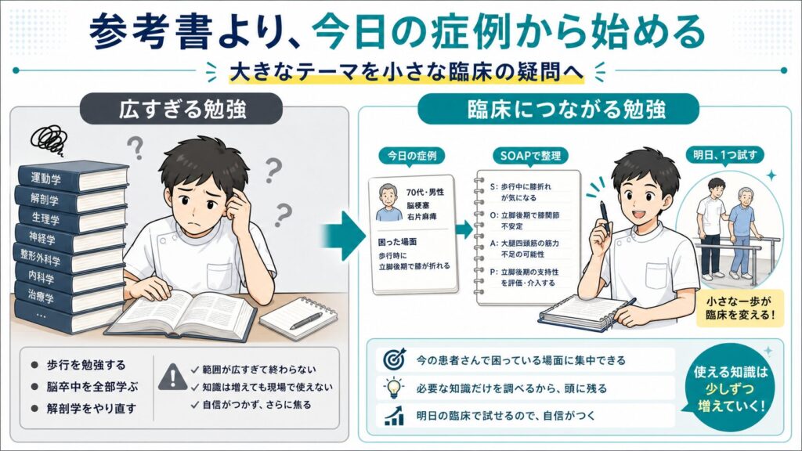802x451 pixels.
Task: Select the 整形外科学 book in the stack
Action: [x=69, y=258]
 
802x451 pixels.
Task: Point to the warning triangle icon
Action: [x=172, y=377]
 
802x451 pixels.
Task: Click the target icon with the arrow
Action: [x=394, y=359]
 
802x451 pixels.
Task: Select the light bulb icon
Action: [x=393, y=388]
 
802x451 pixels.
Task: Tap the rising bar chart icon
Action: [x=393, y=415]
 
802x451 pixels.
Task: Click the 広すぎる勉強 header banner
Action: [x=182, y=109]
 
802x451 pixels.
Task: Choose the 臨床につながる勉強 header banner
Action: [x=558, y=109]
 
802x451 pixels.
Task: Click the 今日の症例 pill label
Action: [x=412, y=156]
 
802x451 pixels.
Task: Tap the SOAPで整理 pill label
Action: [x=530, y=156]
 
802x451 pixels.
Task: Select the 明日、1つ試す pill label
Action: [x=724, y=154]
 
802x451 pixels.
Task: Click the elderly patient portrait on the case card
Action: [x=389, y=203]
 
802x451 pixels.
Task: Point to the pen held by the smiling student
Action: [x=604, y=217]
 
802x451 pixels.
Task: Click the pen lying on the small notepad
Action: [x=306, y=321]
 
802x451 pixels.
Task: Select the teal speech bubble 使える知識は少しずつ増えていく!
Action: [x=731, y=389]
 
